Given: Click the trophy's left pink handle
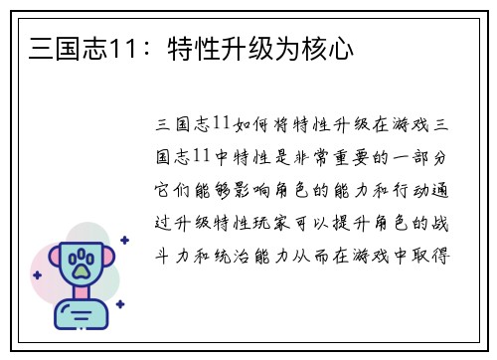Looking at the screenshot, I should coord(51,261).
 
